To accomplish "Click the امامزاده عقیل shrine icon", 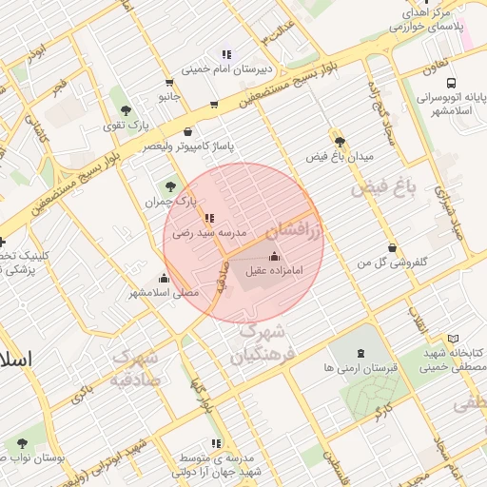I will point(275,256).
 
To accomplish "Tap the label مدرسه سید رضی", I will point(209,232).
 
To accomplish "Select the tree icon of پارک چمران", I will point(170,186).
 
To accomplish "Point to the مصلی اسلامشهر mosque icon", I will point(165,278).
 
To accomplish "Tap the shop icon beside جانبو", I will point(168,82).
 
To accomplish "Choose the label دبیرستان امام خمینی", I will point(226,68).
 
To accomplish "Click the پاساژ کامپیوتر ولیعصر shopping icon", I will point(186,132).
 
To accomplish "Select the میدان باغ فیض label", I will point(340,155).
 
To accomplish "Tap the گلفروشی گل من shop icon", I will point(392,247).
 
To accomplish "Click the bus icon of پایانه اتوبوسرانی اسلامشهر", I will point(450,83).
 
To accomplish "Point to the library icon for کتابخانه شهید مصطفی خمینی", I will point(454,338).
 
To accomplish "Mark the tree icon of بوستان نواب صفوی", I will point(22,442).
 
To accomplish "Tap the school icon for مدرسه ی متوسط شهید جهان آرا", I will point(218,442).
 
